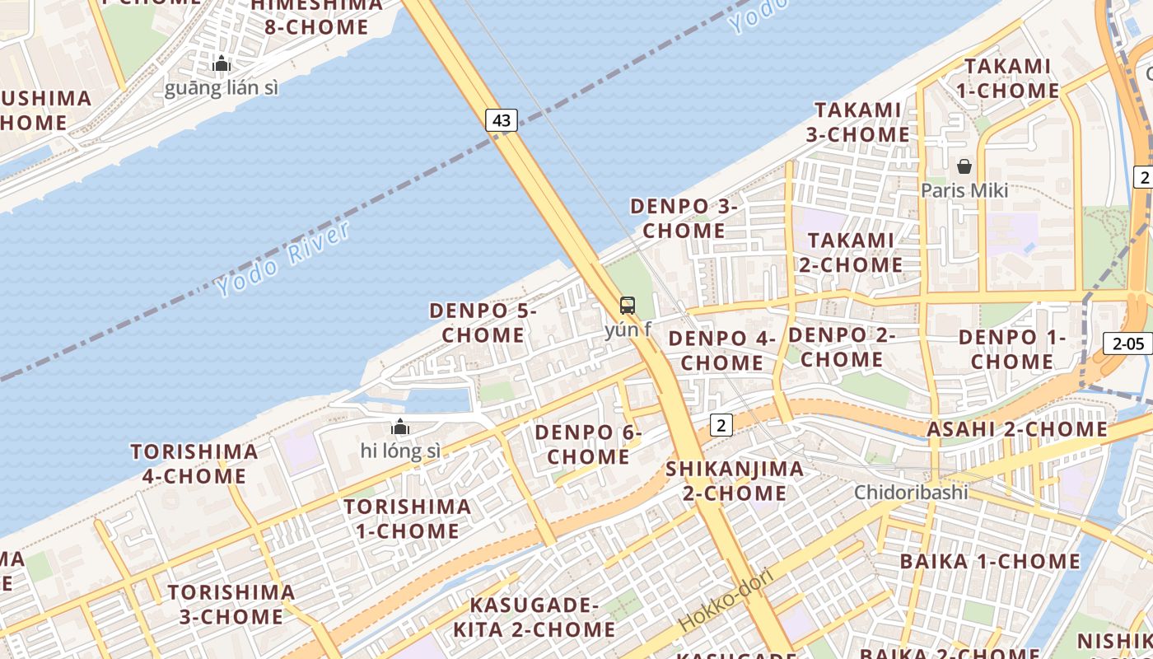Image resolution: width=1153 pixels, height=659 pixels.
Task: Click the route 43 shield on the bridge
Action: pos(502,120)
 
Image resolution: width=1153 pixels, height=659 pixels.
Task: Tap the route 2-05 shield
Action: pos(1127,344)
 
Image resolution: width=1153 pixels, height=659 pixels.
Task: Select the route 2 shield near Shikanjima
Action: pos(721,425)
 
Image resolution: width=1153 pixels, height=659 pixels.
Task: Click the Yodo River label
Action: pos(283,259)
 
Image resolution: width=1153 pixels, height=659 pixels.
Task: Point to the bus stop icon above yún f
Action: pos(628,306)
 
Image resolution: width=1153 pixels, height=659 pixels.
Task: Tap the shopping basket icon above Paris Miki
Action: pos(964,166)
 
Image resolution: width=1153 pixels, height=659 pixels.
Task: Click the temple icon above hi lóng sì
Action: pos(400,427)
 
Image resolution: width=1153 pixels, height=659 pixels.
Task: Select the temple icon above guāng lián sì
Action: pos(221,63)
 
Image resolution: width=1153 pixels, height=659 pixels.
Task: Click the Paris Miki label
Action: pos(964,190)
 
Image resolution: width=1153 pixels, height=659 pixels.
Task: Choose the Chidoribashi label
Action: pos(911,493)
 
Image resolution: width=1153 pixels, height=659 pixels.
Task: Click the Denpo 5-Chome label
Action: pos(483,323)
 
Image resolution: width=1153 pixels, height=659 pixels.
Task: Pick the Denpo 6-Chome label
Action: pos(588,444)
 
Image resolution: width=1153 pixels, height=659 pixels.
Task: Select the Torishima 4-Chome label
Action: pos(194,464)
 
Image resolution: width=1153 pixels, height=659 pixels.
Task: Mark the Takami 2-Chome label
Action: pos(851,252)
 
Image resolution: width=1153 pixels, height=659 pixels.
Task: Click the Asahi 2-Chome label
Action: pos(1017,429)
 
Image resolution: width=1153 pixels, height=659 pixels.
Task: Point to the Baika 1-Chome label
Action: pos(990,562)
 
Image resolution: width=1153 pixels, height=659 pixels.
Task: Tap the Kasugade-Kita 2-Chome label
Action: pos(534,617)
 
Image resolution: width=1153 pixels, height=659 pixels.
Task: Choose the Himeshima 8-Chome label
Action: pos(317,16)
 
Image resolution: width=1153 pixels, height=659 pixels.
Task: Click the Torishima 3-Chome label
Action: pos(231,604)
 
